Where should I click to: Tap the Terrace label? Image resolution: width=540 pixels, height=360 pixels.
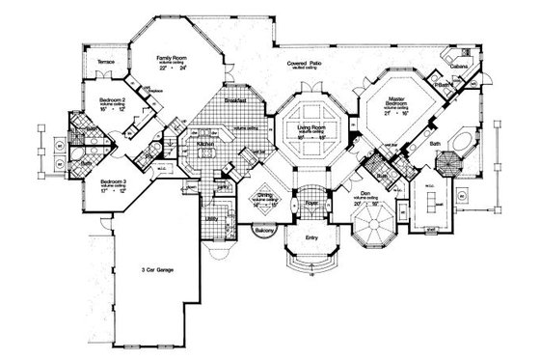point(106,62)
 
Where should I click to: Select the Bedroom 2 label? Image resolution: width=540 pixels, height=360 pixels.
point(115,98)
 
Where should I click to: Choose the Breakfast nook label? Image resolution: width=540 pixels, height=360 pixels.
point(235,100)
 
